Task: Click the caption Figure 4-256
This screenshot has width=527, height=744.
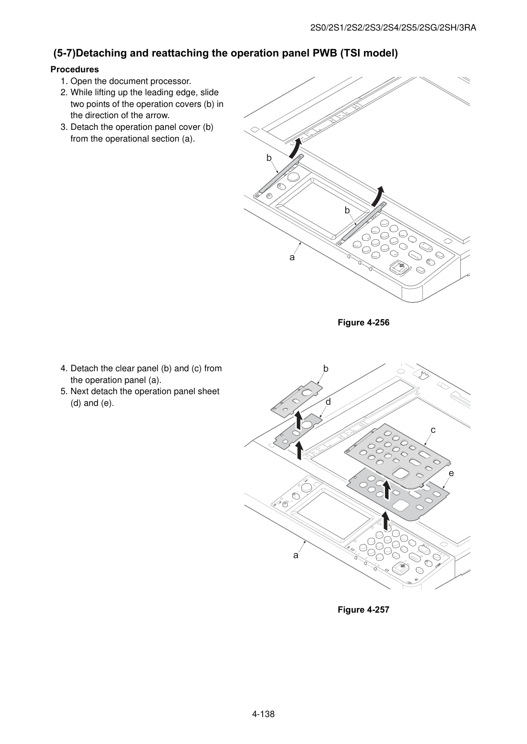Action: point(363,322)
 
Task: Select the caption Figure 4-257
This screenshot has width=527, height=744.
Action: point(363,610)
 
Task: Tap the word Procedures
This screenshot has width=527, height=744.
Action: point(75,69)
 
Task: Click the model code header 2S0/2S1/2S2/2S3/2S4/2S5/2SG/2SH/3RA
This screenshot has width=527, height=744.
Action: point(393,28)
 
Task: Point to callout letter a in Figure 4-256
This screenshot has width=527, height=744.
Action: point(292,257)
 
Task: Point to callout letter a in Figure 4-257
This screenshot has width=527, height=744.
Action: point(295,555)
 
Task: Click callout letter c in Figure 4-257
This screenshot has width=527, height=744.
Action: point(433,430)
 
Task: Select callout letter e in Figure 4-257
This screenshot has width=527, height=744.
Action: point(451,473)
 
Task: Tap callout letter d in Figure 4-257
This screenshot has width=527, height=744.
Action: point(328,402)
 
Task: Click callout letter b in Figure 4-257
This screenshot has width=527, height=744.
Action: point(326,369)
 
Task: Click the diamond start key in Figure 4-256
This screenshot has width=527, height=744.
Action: point(401,266)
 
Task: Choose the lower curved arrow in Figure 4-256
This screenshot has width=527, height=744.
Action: point(378,196)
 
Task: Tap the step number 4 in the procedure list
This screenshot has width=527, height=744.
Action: point(64,368)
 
